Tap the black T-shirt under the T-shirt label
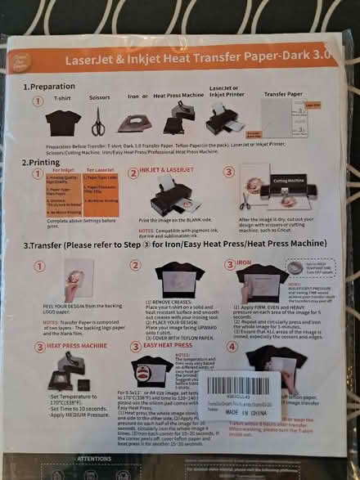pos(62,122)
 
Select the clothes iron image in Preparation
pos(134,123)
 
